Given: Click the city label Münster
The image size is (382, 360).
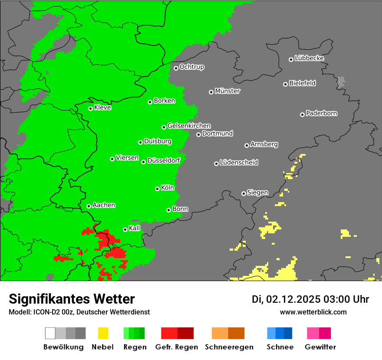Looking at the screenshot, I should click(x=227, y=91).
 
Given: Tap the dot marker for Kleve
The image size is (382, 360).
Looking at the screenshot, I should click(x=90, y=108).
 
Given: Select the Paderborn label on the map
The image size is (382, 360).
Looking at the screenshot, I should click(x=321, y=113).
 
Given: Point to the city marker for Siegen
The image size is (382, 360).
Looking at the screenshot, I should click(x=244, y=193).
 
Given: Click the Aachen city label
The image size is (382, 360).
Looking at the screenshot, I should click(x=104, y=205).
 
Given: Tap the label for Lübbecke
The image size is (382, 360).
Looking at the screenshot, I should click(x=309, y=58).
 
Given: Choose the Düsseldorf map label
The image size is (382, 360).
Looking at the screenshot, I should click(x=164, y=160).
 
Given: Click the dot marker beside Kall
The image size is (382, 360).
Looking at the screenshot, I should click(x=125, y=229).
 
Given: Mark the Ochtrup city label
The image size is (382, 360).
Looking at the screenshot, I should click(x=192, y=67).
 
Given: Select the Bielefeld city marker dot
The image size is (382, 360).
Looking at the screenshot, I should click(x=285, y=84).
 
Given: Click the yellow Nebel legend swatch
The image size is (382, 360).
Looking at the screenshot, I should click(x=103, y=333).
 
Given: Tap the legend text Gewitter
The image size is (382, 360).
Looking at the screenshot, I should click(x=320, y=347).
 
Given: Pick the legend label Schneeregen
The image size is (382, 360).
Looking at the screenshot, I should click(x=229, y=347).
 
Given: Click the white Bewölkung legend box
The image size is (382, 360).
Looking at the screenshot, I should click(x=50, y=333).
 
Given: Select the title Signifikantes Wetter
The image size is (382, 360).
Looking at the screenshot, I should click(x=72, y=299).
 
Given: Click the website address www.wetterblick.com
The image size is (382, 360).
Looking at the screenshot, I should click(x=313, y=312).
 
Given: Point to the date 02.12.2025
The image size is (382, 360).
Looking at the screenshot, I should click(x=293, y=299).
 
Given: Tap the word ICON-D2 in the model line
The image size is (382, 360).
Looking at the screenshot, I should click(x=44, y=312).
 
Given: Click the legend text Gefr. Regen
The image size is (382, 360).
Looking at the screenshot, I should click(x=177, y=347).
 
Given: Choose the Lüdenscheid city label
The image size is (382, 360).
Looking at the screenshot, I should click(x=239, y=162).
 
